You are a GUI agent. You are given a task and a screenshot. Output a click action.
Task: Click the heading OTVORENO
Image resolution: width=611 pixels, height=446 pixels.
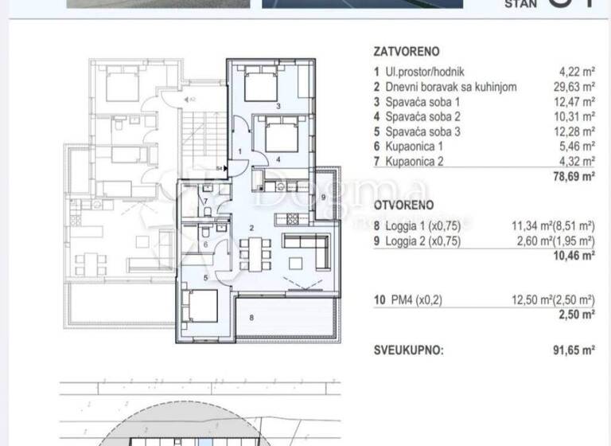[x=401, y=205]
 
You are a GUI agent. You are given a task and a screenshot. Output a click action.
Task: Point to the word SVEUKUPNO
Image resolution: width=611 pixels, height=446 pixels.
[x=410, y=349]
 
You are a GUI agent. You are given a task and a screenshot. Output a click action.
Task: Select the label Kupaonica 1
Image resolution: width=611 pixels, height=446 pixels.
[x=420, y=146]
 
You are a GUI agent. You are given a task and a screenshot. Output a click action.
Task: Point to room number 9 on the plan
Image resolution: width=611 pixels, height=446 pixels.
[x=324, y=197]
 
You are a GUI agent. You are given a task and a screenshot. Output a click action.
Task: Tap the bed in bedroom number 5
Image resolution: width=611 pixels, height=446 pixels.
[x=199, y=305]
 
